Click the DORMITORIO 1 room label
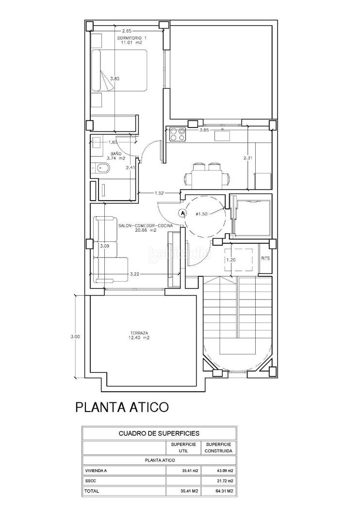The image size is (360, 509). (x=130, y=38)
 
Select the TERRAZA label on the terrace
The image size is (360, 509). (x=139, y=333)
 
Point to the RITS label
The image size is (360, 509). (x=265, y=258)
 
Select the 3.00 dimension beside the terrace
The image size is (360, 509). (x=75, y=336)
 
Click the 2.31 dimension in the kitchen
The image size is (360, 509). (x=248, y=159)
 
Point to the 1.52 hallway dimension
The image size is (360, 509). (x=159, y=193)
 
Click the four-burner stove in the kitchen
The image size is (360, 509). (x=178, y=134)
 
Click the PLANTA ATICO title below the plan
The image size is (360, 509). (x=122, y=407)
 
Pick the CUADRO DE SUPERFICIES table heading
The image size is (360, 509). (x=159, y=433)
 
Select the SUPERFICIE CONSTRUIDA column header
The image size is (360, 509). (x=219, y=447)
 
